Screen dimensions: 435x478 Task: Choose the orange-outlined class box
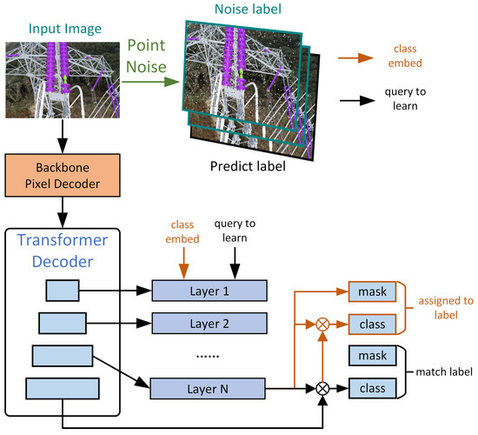tap(371, 323)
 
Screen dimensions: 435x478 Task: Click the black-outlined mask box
tap(371, 356)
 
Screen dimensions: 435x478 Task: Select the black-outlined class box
tap(371, 387)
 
